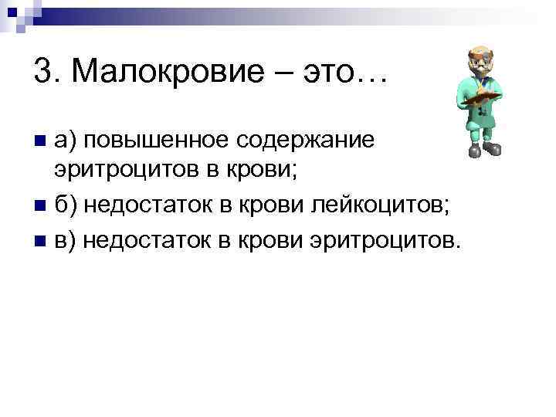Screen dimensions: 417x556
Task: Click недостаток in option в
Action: click(147, 240)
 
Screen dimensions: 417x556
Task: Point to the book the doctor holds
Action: click(486, 97)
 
